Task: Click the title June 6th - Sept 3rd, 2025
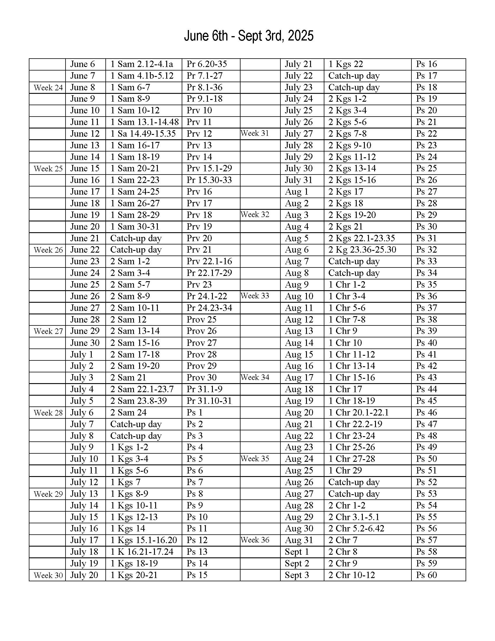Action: coord(249,36)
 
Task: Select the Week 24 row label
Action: coord(48,87)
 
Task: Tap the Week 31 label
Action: coord(255,133)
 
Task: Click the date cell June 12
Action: coord(85,134)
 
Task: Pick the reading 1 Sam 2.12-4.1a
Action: coord(142,64)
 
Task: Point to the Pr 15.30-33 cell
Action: coord(209,180)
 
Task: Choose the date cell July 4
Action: coord(82,389)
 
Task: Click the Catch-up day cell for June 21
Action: coord(136,238)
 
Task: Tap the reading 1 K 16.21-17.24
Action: coord(142,552)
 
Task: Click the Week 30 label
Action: coord(48,575)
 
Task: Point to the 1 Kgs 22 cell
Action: coord(345,64)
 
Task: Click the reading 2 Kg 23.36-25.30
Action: coord(362,250)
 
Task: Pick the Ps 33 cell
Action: coord(426,261)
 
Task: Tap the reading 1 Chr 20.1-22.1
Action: coord(358,412)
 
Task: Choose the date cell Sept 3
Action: coord(297,575)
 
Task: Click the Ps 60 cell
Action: coord(426,575)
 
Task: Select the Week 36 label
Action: coord(255,540)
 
